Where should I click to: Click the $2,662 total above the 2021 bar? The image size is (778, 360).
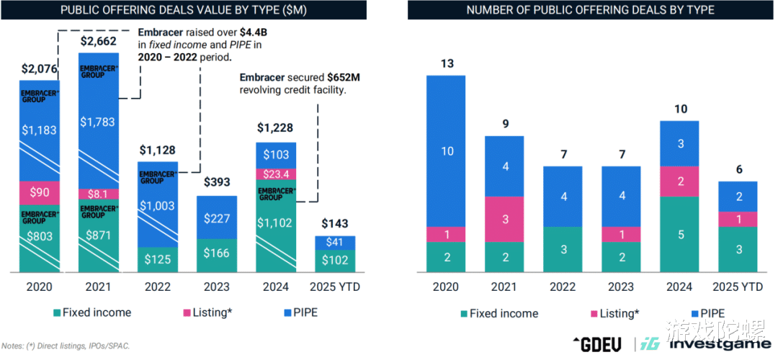(x=98, y=40)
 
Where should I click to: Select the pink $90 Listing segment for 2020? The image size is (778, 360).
(x=40, y=192)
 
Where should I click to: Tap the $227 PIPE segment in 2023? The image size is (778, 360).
(x=217, y=218)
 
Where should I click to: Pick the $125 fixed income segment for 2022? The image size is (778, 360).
(x=157, y=258)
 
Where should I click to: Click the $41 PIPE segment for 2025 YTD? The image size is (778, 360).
(x=335, y=243)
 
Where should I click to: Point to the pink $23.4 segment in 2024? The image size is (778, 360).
(x=276, y=174)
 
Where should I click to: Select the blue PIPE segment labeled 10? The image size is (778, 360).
(x=446, y=151)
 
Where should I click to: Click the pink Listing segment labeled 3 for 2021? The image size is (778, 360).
(x=504, y=219)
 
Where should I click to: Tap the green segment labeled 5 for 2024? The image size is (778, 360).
(x=679, y=234)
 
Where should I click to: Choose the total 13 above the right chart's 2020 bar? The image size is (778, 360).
(x=446, y=63)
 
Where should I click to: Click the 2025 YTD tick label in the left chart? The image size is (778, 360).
(x=335, y=287)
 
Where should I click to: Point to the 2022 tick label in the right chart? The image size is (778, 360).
(x=563, y=287)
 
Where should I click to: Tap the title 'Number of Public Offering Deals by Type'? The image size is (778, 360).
(x=590, y=11)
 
